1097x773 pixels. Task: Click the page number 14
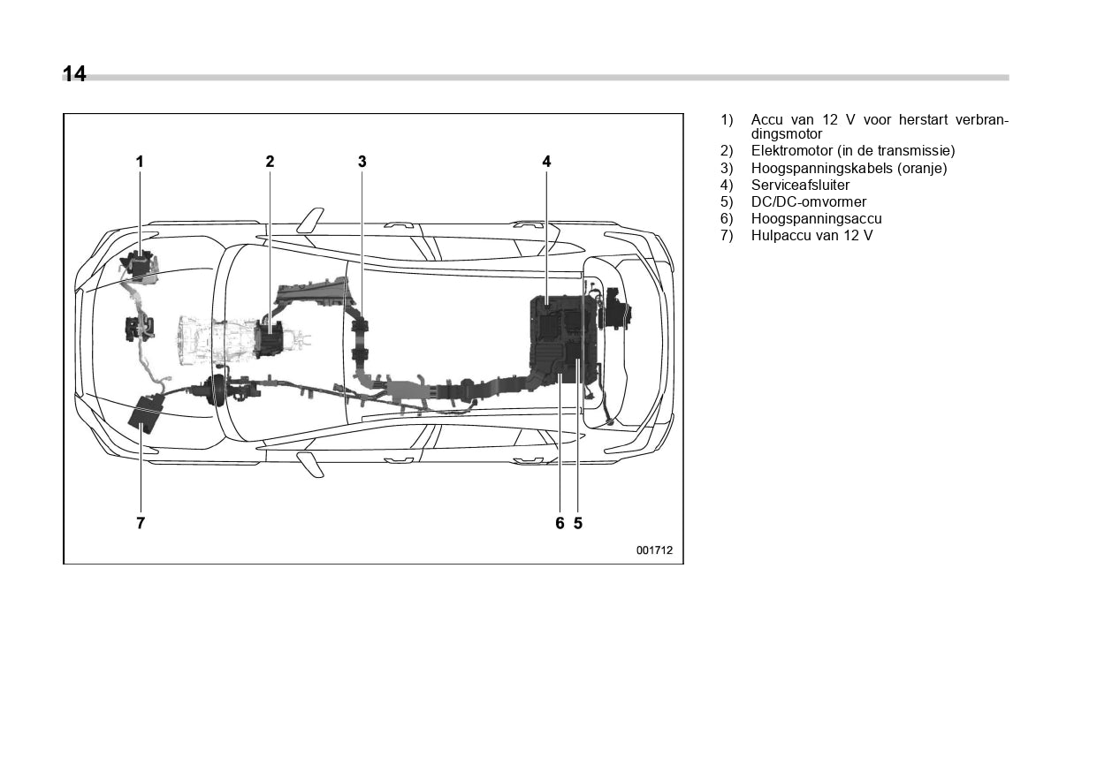click(x=74, y=74)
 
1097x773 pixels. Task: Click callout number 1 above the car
click(x=140, y=162)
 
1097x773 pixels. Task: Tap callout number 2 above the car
click(x=270, y=162)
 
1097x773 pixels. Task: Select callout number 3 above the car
click(x=362, y=162)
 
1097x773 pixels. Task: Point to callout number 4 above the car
click(x=547, y=162)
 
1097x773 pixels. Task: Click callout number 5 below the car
click(x=578, y=523)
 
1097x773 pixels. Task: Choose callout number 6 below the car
click(x=560, y=523)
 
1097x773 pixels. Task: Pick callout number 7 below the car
click(x=141, y=523)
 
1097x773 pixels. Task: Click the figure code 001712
click(x=654, y=549)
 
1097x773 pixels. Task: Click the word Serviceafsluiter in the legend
click(x=800, y=185)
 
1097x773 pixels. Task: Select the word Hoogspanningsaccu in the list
click(x=816, y=218)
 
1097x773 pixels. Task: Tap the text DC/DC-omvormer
click(x=809, y=201)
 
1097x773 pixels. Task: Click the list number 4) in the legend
click(x=727, y=185)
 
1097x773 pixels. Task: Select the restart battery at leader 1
click(x=138, y=264)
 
